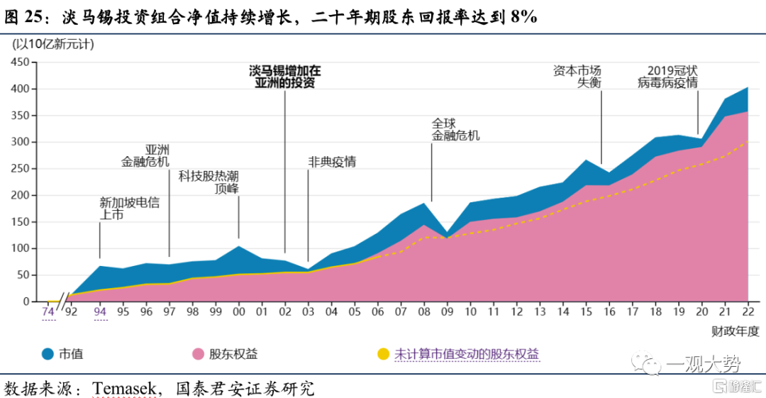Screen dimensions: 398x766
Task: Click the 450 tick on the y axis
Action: point(19,62)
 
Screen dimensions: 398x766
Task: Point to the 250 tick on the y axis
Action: point(19,169)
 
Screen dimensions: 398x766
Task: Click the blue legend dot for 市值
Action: point(48,353)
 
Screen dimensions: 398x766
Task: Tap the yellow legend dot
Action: point(382,353)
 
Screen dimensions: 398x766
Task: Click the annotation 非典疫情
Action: point(331,162)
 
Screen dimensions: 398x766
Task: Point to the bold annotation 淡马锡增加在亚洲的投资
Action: point(284,77)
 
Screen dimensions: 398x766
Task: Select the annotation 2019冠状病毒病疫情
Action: point(668,77)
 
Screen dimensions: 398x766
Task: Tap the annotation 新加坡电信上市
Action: point(130,208)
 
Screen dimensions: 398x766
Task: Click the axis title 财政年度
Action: point(736,331)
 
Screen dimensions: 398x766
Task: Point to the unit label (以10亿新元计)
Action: point(53,43)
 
